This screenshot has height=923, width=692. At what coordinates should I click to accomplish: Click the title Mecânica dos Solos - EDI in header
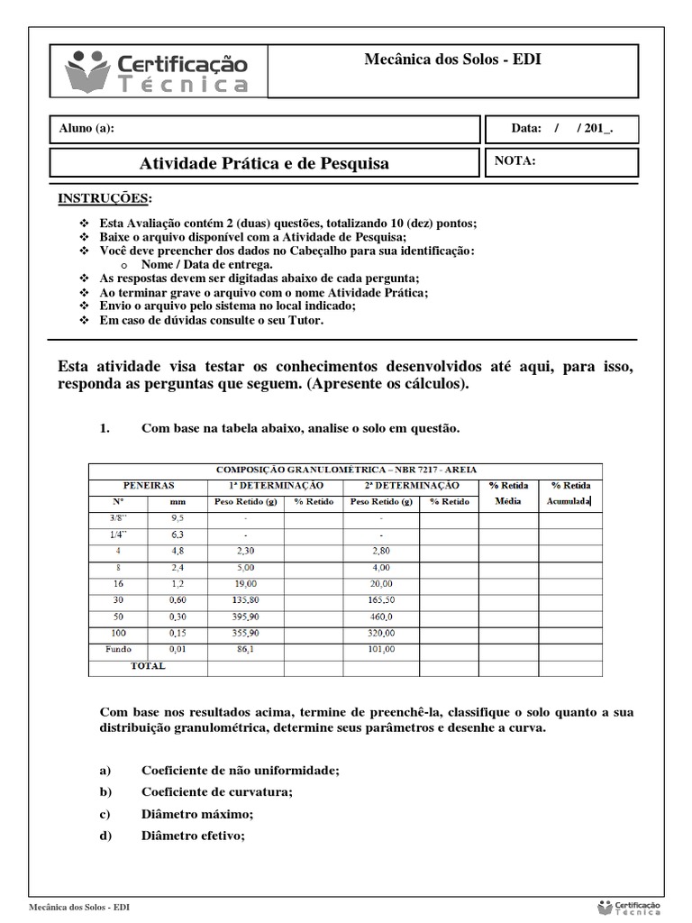[x=452, y=60]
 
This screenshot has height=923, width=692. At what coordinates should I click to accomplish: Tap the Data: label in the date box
[x=525, y=129]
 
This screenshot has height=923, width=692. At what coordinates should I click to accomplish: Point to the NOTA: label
[x=515, y=161]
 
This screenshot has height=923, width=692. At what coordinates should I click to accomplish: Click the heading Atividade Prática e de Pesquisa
[x=265, y=163]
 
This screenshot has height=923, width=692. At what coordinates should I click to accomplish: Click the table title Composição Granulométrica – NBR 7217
[x=347, y=470]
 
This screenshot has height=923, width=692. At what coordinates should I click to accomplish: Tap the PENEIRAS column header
[x=149, y=485]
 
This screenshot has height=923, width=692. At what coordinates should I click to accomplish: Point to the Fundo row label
[x=118, y=649]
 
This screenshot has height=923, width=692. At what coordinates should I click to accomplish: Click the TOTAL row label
[x=149, y=666]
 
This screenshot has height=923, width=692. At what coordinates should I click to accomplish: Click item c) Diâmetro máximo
[x=197, y=814]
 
